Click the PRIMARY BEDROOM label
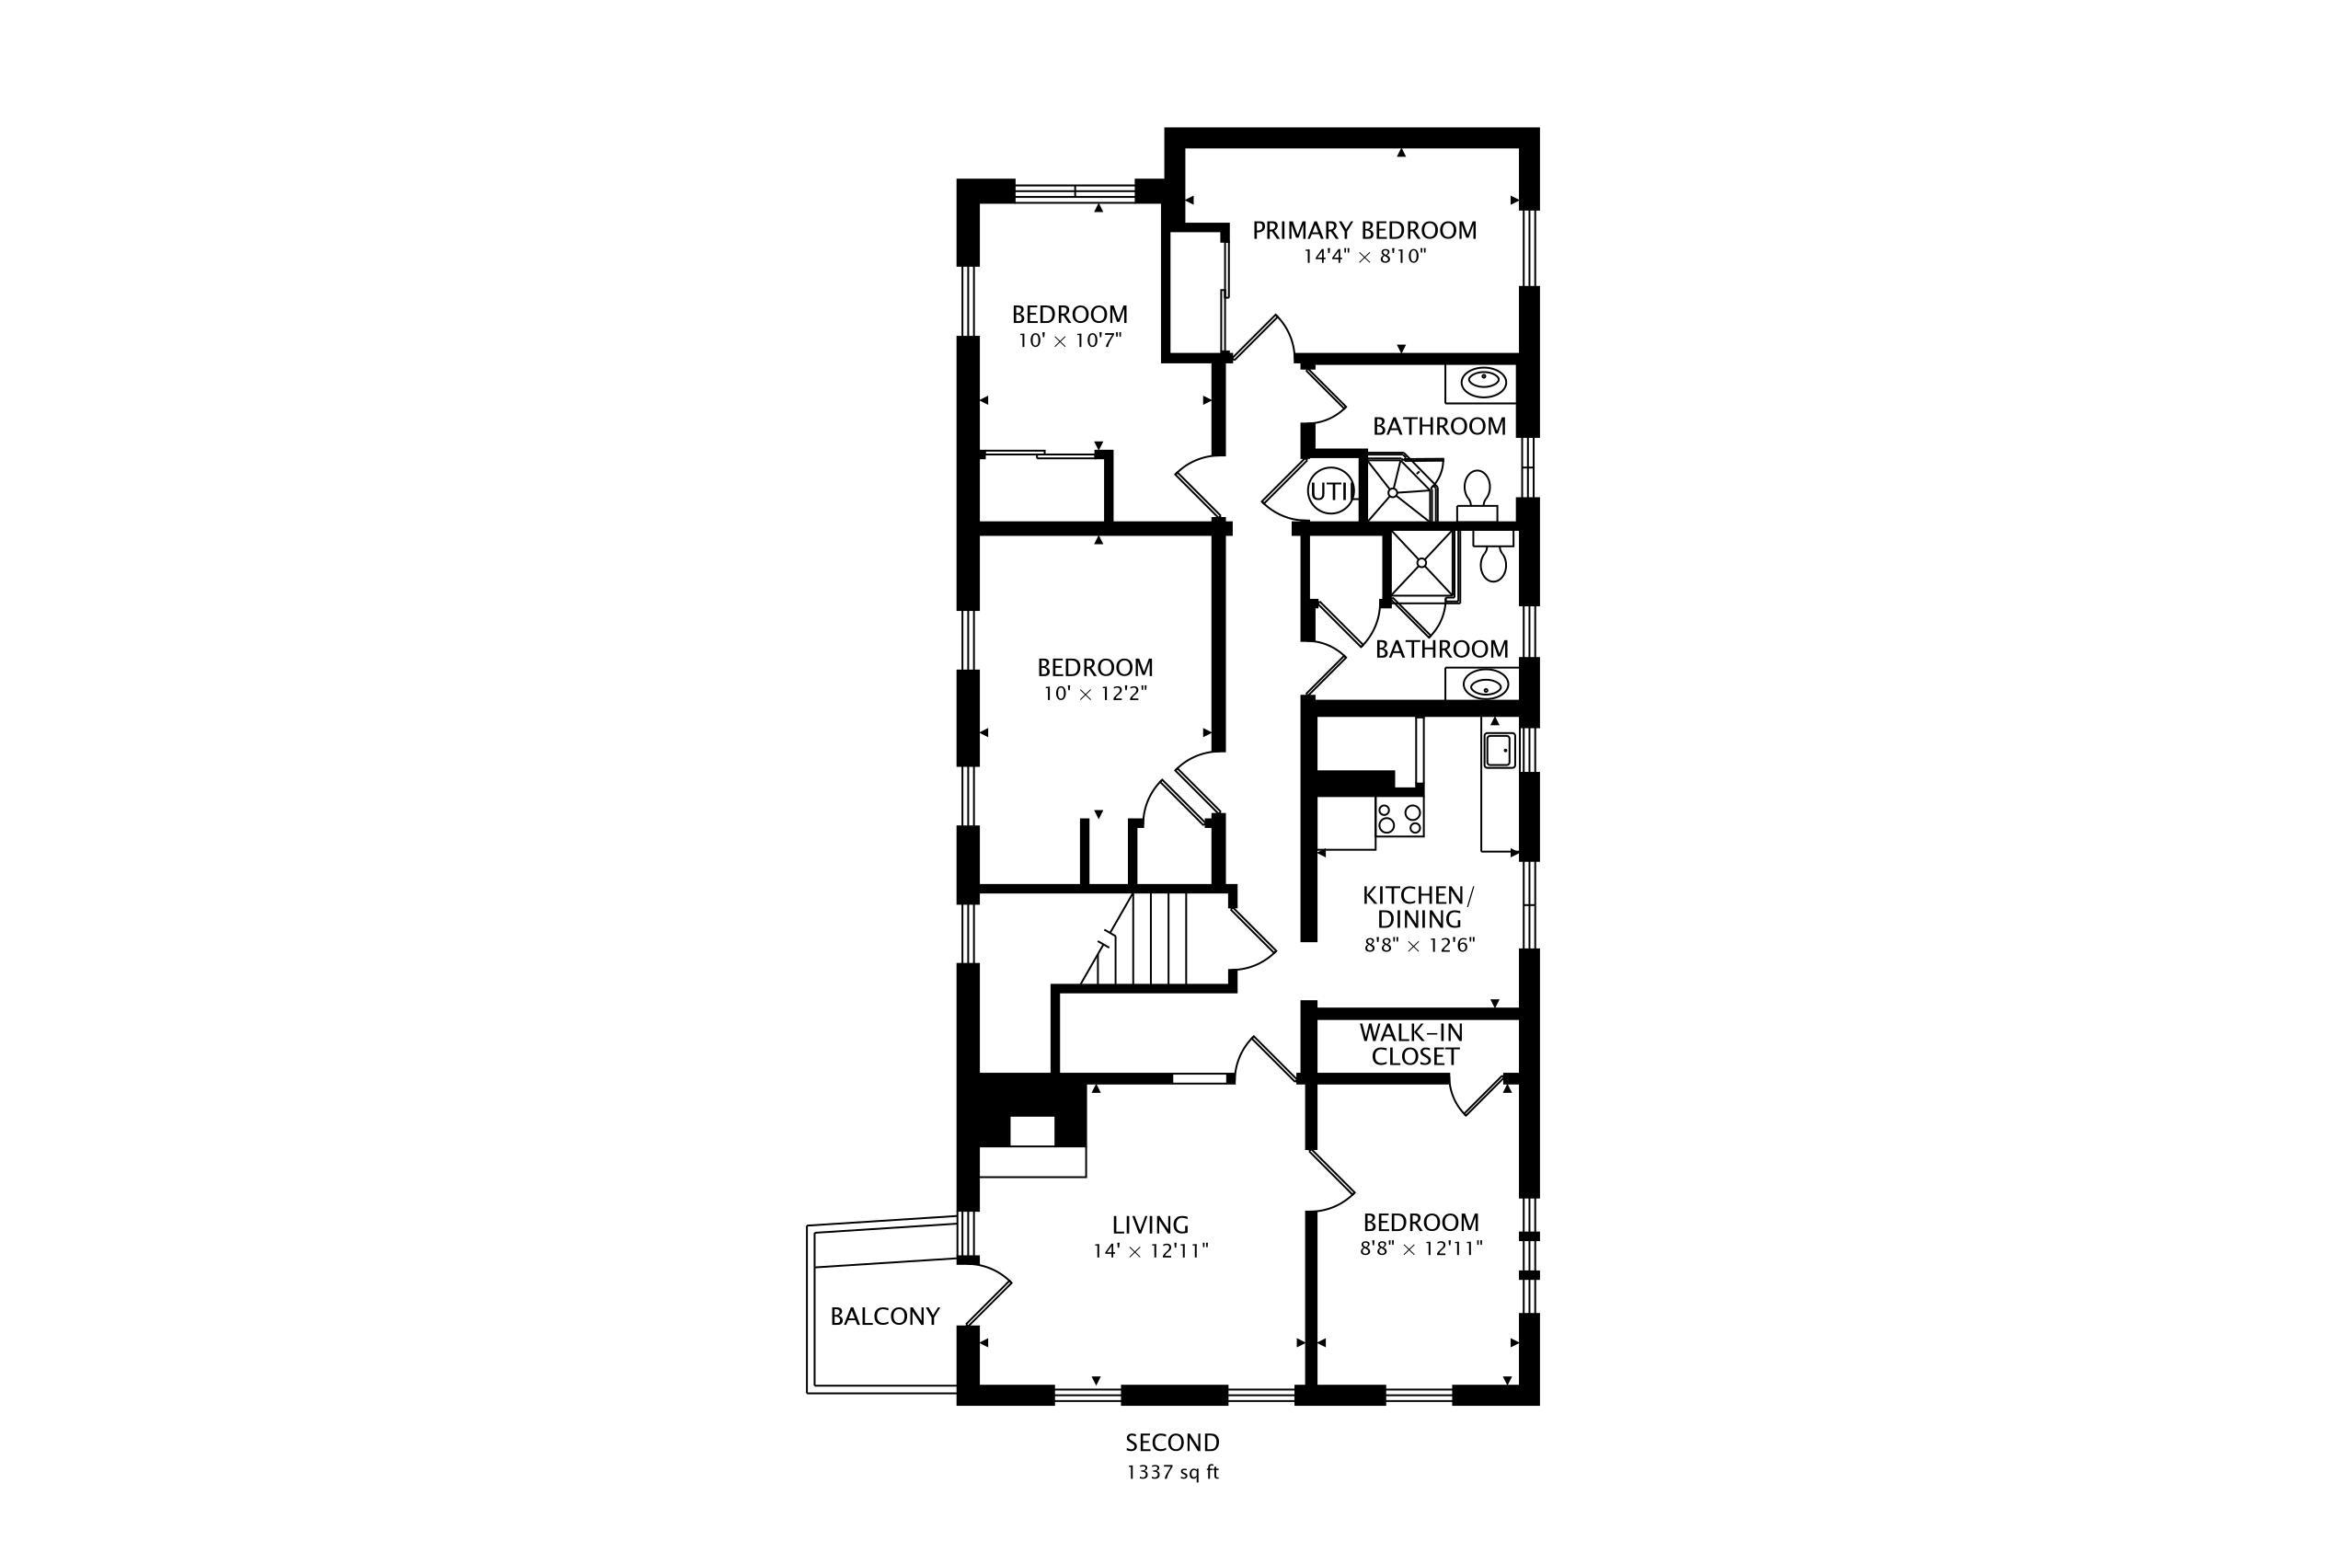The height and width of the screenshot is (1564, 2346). tap(1363, 230)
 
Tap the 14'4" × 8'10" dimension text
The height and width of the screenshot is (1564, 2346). tap(1363, 257)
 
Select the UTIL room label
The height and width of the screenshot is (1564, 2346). tap(1332, 490)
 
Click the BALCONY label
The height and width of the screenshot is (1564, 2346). tap(885, 1317)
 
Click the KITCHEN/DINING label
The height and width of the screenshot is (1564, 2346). tap(1418, 907)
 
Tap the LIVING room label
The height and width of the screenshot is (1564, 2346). tap(1150, 1224)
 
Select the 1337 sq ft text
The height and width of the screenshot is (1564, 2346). tap(1172, 1472)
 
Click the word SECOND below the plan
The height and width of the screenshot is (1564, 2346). tap(1172, 1443)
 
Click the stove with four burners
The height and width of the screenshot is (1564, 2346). tap(1399, 818)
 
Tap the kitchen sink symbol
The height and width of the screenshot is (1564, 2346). tap(1498, 749)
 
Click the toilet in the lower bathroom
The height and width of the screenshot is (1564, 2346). tap(1492, 558)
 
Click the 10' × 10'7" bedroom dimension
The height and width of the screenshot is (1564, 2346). tap(1069, 340)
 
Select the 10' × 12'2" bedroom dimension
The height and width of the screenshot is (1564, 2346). tap(1094, 694)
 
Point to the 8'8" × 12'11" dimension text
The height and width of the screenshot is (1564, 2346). tap(1420, 1248)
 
